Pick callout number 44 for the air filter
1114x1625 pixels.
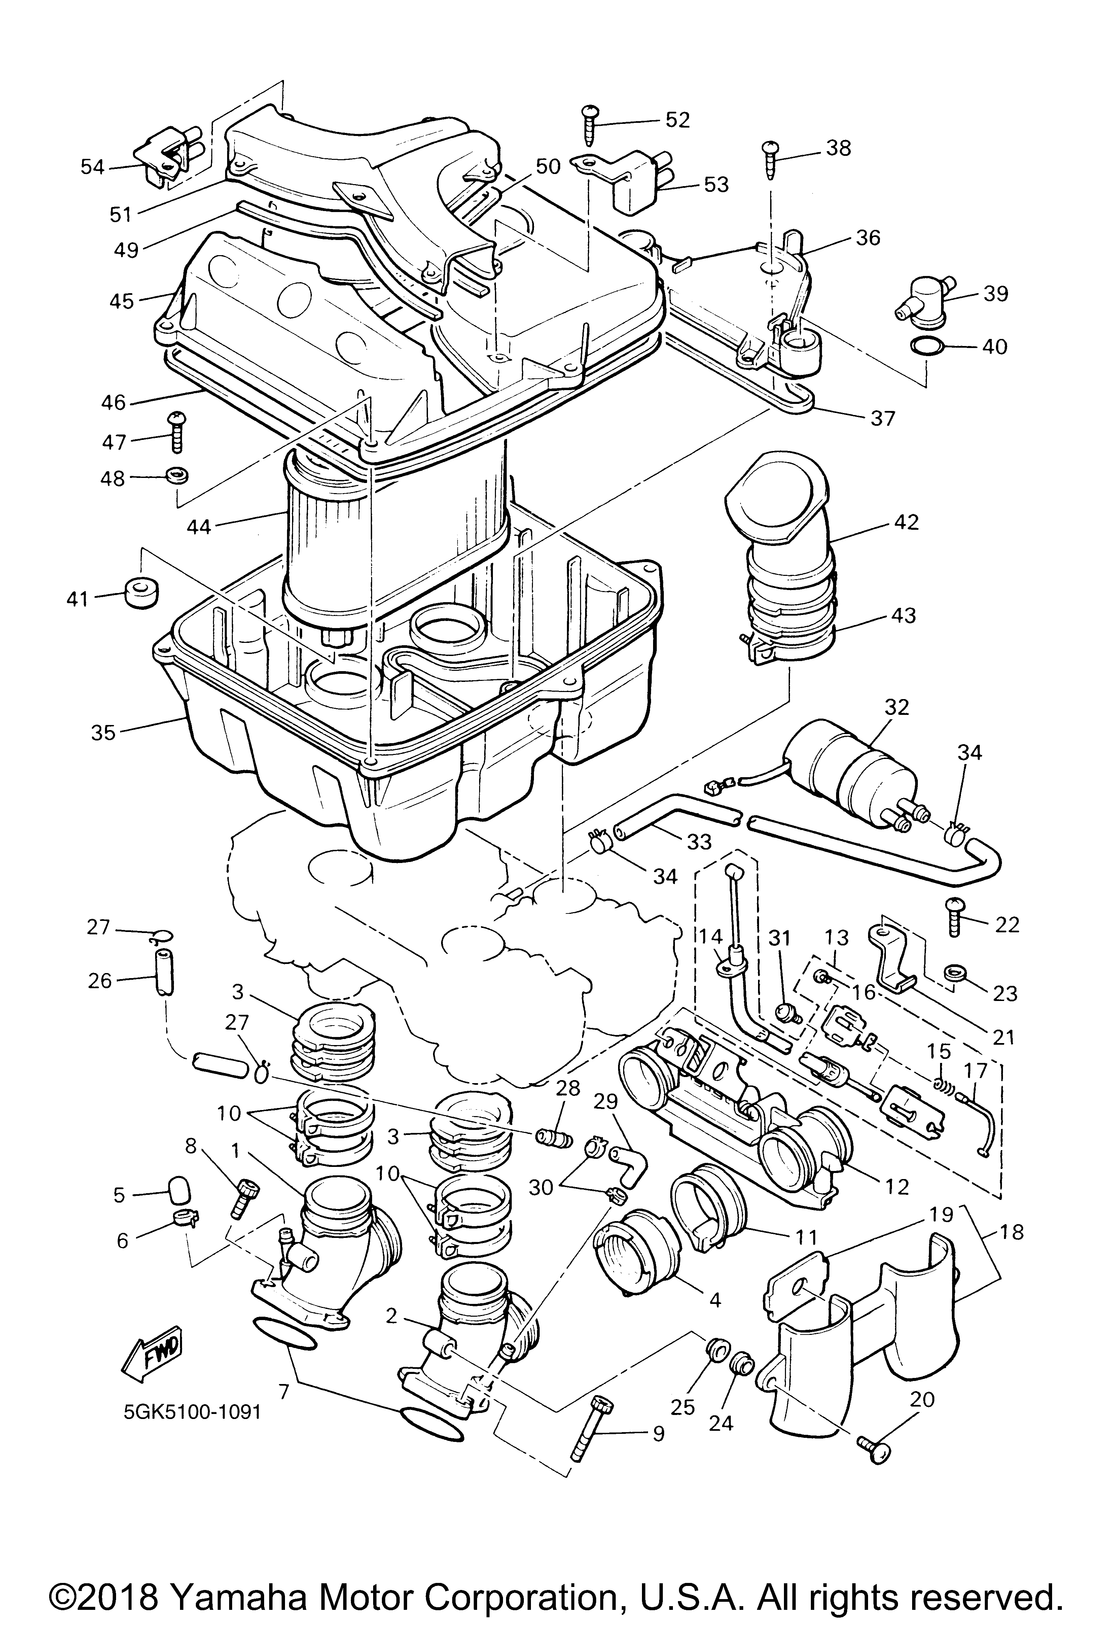tap(199, 526)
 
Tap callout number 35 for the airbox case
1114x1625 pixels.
tap(103, 733)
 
